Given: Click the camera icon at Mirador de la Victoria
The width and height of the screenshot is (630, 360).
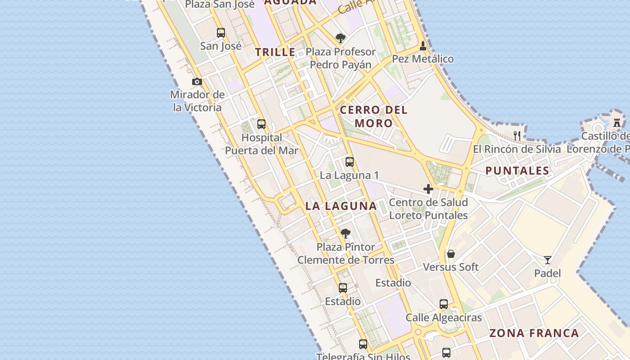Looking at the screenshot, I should [197, 82].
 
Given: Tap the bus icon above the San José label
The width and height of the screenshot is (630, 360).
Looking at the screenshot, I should [220, 33].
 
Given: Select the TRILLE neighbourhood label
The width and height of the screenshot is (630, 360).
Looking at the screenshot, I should [275, 52].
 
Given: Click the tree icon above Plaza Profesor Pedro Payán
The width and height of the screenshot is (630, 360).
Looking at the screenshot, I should [341, 38].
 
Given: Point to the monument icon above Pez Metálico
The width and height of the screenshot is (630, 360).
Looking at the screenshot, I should [423, 46].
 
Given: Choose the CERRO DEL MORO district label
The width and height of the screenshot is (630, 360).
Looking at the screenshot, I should [373, 116].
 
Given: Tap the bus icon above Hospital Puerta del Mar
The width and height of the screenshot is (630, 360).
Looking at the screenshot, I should [261, 124].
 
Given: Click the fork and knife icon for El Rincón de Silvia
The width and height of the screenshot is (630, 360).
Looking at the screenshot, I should [517, 135].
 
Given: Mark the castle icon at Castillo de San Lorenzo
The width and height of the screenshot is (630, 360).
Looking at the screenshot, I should [617, 122].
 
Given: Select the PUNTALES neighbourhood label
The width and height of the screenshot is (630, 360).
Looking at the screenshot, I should [517, 171].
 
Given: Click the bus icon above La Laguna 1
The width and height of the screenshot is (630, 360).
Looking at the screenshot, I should [349, 162].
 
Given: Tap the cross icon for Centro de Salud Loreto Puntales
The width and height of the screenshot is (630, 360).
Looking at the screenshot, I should [428, 189].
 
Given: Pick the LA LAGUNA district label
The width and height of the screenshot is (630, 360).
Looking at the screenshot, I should [341, 206].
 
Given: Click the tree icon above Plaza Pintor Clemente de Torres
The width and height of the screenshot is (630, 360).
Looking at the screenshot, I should [345, 234].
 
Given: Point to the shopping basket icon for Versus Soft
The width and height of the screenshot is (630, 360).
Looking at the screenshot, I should [451, 254].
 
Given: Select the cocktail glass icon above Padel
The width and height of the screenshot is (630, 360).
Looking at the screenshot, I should [547, 260].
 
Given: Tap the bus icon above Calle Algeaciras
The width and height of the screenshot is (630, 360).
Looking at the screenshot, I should [444, 304].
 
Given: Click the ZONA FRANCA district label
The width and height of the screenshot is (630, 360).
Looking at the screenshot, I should [534, 333].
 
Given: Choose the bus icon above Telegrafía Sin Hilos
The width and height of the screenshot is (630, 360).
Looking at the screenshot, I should [363, 344].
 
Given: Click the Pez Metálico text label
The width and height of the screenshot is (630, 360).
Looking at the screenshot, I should [423, 59].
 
